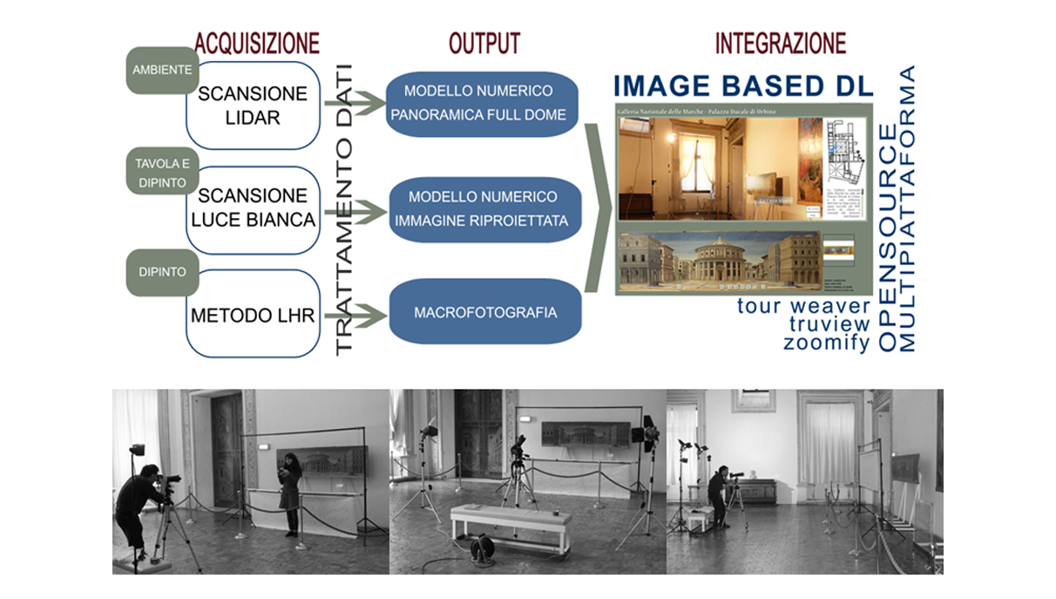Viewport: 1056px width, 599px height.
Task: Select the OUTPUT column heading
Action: point(484,43)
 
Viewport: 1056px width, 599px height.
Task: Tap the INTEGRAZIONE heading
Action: point(780,43)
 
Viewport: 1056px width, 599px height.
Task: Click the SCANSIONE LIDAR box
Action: point(252,105)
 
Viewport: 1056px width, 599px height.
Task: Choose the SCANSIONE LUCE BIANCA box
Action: point(253,208)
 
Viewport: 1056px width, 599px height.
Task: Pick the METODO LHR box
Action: point(253,313)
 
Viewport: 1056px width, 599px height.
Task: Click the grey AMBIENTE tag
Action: point(162,71)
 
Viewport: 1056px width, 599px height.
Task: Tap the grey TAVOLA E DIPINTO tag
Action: point(162,174)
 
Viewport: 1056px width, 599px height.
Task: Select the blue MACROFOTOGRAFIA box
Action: point(485,312)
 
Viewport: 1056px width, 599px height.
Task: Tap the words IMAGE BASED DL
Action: point(743,85)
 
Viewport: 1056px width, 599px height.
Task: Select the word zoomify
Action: point(826,343)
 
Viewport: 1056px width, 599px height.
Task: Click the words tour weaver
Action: point(803,306)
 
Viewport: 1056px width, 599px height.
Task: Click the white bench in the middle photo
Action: point(511,527)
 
